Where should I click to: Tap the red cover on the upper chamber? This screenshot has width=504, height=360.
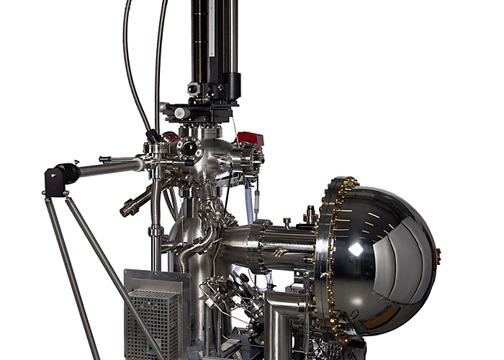click(x=249, y=138)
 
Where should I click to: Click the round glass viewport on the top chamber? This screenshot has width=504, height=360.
click(x=190, y=149)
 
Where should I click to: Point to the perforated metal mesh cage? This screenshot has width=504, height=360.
click(x=153, y=324)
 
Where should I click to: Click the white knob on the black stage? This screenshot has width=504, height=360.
click(x=181, y=114)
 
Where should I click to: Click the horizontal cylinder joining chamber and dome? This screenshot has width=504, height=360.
click(x=277, y=245)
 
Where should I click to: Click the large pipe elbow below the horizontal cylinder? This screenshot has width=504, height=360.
click(x=277, y=317)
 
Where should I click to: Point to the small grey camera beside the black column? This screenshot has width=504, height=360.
click(x=194, y=89)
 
